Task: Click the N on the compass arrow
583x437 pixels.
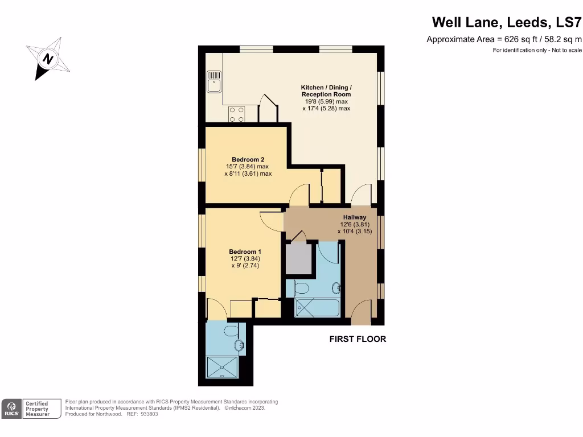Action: tap(49, 58)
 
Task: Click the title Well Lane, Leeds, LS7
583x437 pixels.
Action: tap(507, 22)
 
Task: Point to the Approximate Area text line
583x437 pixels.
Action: tap(504, 39)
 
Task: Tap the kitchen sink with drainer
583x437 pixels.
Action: tap(214, 81)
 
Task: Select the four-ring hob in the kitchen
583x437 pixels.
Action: tap(237, 114)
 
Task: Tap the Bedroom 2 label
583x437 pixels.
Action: tap(248, 159)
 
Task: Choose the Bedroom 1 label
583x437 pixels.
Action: tap(245, 252)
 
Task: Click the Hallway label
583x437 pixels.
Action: tap(354, 217)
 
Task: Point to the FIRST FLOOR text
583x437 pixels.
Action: tap(358, 339)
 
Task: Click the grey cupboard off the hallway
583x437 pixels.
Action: tap(299, 259)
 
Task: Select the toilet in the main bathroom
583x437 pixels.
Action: tap(302, 288)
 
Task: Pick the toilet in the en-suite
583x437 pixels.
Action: tap(232, 330)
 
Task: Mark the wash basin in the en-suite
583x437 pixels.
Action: tap(240, 345)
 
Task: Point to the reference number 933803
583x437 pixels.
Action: tap(149, 414)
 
